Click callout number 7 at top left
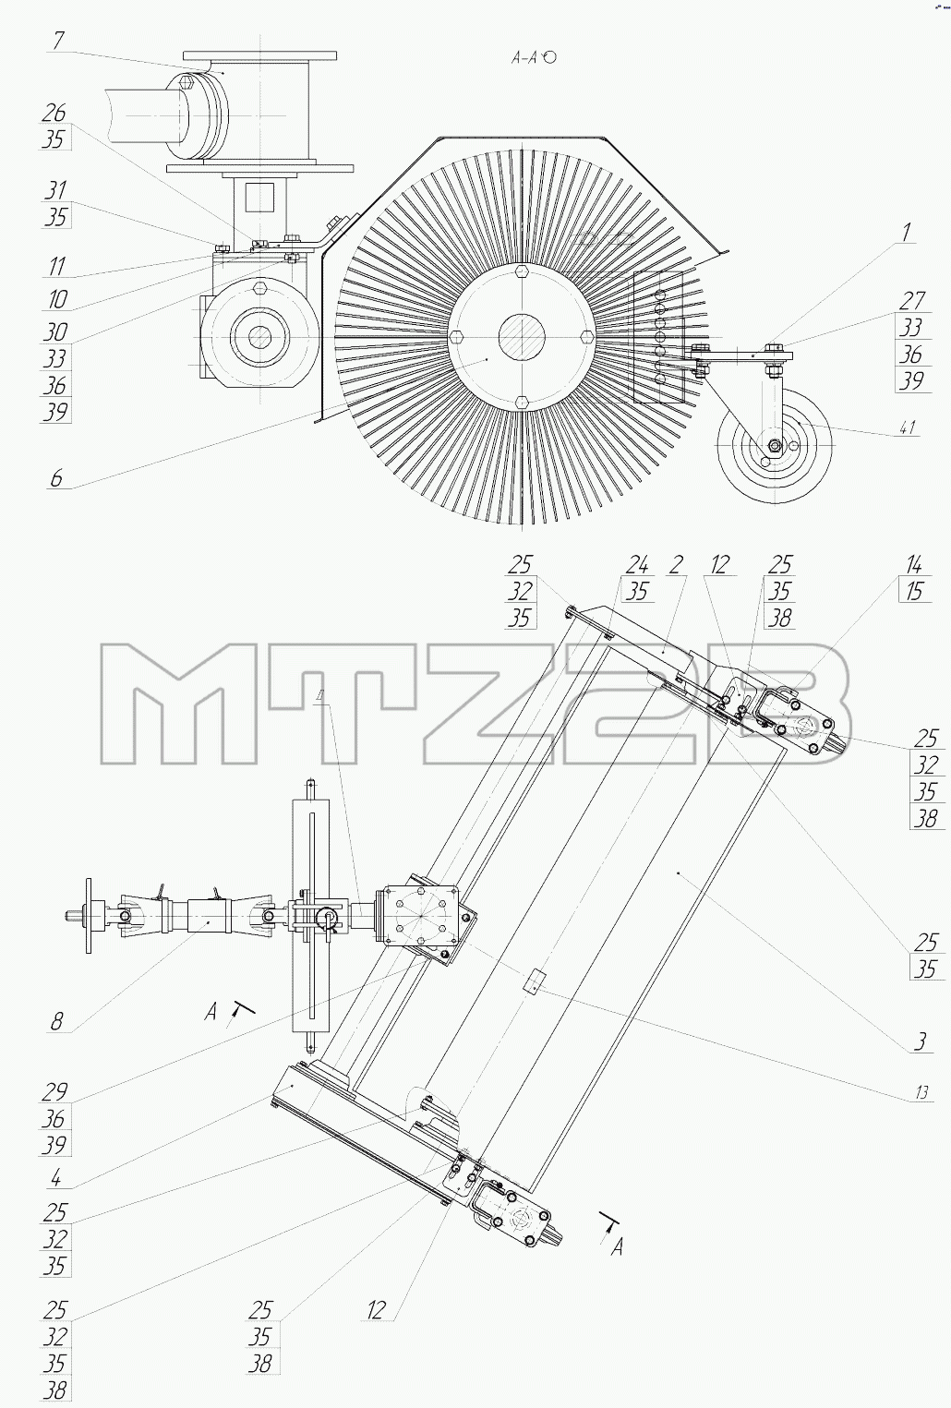tap(58, 41)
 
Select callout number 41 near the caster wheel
tap(908, 428)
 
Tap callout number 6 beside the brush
tap(56, 479)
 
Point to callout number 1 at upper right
tap(906, 233)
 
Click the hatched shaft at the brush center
tap(522, 336)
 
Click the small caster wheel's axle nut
tap(775, 446)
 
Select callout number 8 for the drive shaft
tap(56, 1021)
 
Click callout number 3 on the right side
tap(920, 1041)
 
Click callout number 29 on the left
tap(54, 1092)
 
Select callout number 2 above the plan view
tap(676, 564)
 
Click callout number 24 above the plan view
tap(637, 564)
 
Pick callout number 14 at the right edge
tap(914, 564)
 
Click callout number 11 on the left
tap(56, 267)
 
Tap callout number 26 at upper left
tap(54, 114)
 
